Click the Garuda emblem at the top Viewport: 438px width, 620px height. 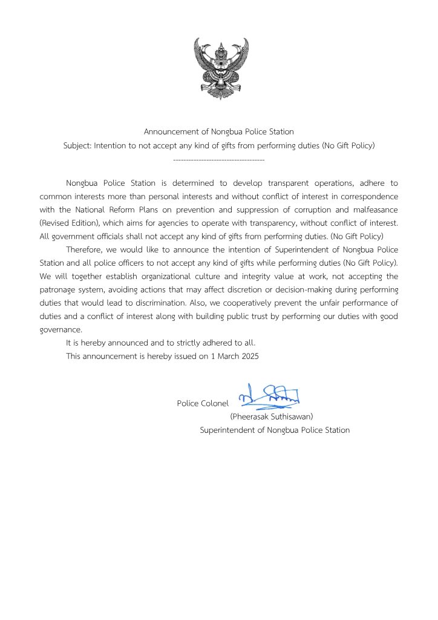[x=221, y=68]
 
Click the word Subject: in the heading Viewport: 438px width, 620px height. [x=77, y=146]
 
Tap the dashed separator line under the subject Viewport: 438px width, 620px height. [x=218, y=159]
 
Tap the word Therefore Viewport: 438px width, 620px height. [x=85, y=250]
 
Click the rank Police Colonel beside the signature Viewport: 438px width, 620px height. [x=203, y=403]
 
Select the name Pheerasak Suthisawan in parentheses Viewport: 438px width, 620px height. [x=271, y=417]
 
